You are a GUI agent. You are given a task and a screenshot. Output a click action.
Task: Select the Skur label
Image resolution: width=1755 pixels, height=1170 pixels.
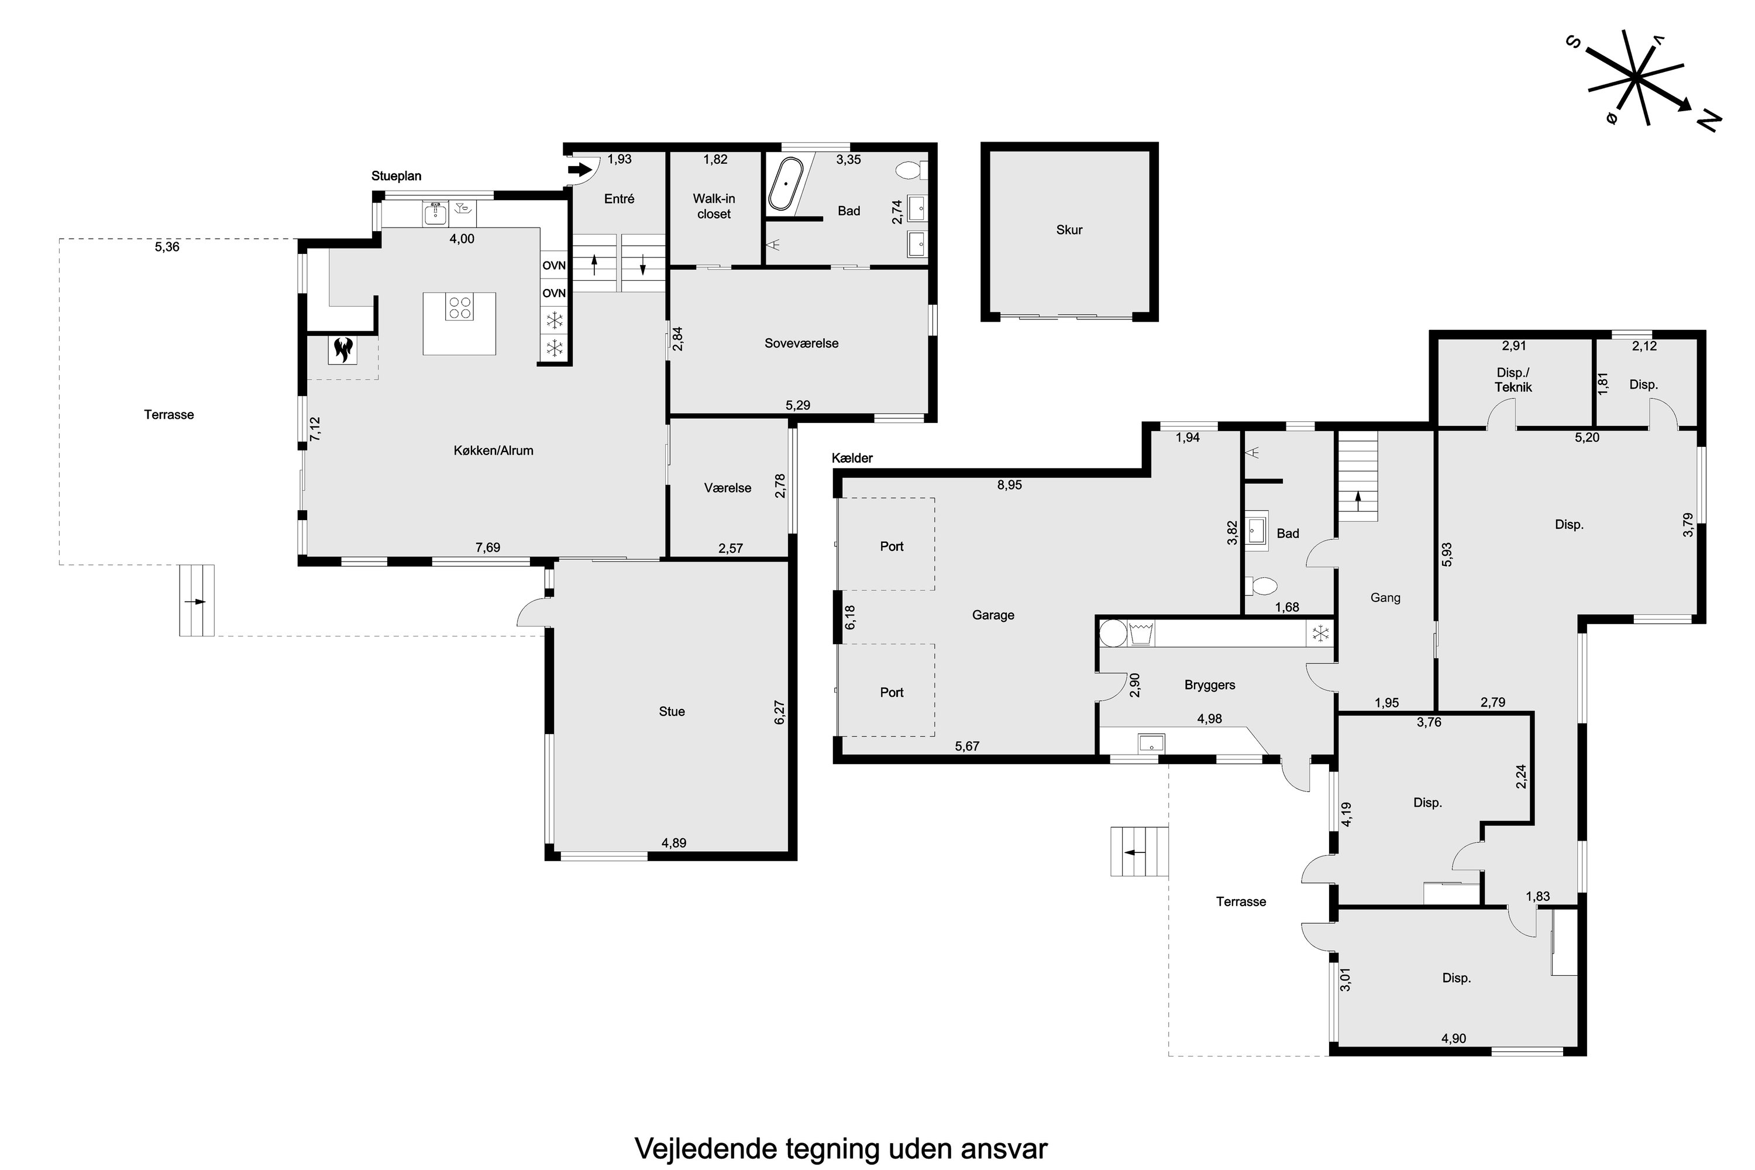(1069, 230)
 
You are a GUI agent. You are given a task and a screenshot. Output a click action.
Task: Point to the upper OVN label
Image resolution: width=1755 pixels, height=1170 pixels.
(553, 266)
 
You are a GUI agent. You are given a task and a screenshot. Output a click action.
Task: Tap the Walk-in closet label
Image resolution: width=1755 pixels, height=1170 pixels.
(714, 206)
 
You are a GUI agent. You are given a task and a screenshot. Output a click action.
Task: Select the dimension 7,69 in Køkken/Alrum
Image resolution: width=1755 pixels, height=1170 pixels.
(488, 548)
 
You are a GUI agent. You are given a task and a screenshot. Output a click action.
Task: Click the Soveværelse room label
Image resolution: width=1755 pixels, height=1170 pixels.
(801, 343)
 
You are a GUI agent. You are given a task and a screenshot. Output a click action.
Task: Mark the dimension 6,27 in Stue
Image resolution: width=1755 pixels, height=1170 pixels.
(780, 712)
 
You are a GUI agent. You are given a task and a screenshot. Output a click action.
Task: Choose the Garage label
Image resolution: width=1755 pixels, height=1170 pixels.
(993, 615)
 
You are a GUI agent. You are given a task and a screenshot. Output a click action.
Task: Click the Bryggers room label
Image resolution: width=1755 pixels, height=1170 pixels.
(1210, 685)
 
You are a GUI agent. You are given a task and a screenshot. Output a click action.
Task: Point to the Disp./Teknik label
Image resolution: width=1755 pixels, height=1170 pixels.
(1513, 380)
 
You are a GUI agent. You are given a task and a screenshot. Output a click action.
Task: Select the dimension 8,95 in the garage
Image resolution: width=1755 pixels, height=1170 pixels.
(1010, 485)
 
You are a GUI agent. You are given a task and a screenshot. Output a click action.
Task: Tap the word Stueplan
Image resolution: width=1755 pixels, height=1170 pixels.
(396, 176)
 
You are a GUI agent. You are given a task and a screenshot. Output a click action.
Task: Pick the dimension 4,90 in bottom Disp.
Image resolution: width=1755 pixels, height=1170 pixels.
(1454, 1039)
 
